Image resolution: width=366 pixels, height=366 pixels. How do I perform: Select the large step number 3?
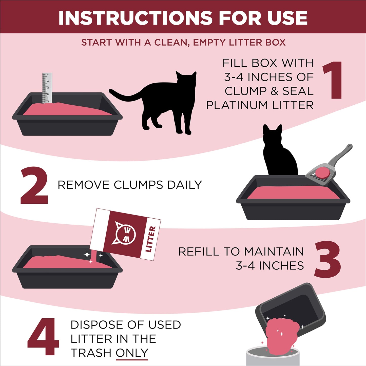coord(328,259)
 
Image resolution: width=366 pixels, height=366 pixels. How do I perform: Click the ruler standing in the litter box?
coord(47,88)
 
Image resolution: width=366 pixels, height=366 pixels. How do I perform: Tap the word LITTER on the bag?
coord(150,239)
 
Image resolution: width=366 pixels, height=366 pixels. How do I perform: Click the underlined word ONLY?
coord(132,353)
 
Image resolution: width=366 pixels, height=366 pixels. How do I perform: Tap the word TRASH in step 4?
coord(91,353)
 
